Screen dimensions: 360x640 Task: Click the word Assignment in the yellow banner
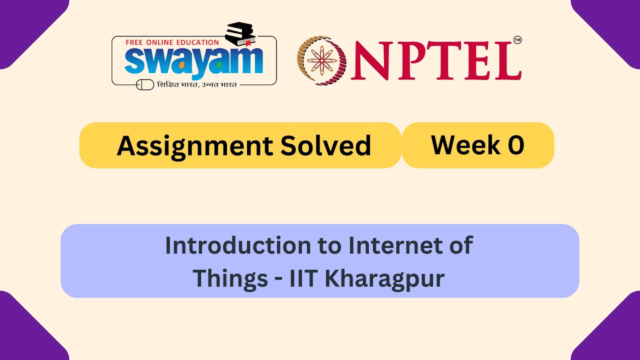tap(194, 146)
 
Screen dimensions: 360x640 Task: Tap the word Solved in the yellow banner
tap(325, 146)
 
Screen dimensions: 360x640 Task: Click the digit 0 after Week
tap(515, 145)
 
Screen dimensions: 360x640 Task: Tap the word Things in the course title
tap(230, 278)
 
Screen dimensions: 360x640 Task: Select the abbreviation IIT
tap(303, 278)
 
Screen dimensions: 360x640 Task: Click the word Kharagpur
tap(384, 278)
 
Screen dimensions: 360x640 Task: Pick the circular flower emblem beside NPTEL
tap(322, 60)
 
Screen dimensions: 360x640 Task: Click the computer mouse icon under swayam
tap(145, 84)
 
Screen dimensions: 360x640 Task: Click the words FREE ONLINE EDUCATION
tap(172, 42)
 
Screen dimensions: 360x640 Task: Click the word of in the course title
tap(461, 245)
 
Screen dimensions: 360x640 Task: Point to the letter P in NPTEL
tap(408, 61)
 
